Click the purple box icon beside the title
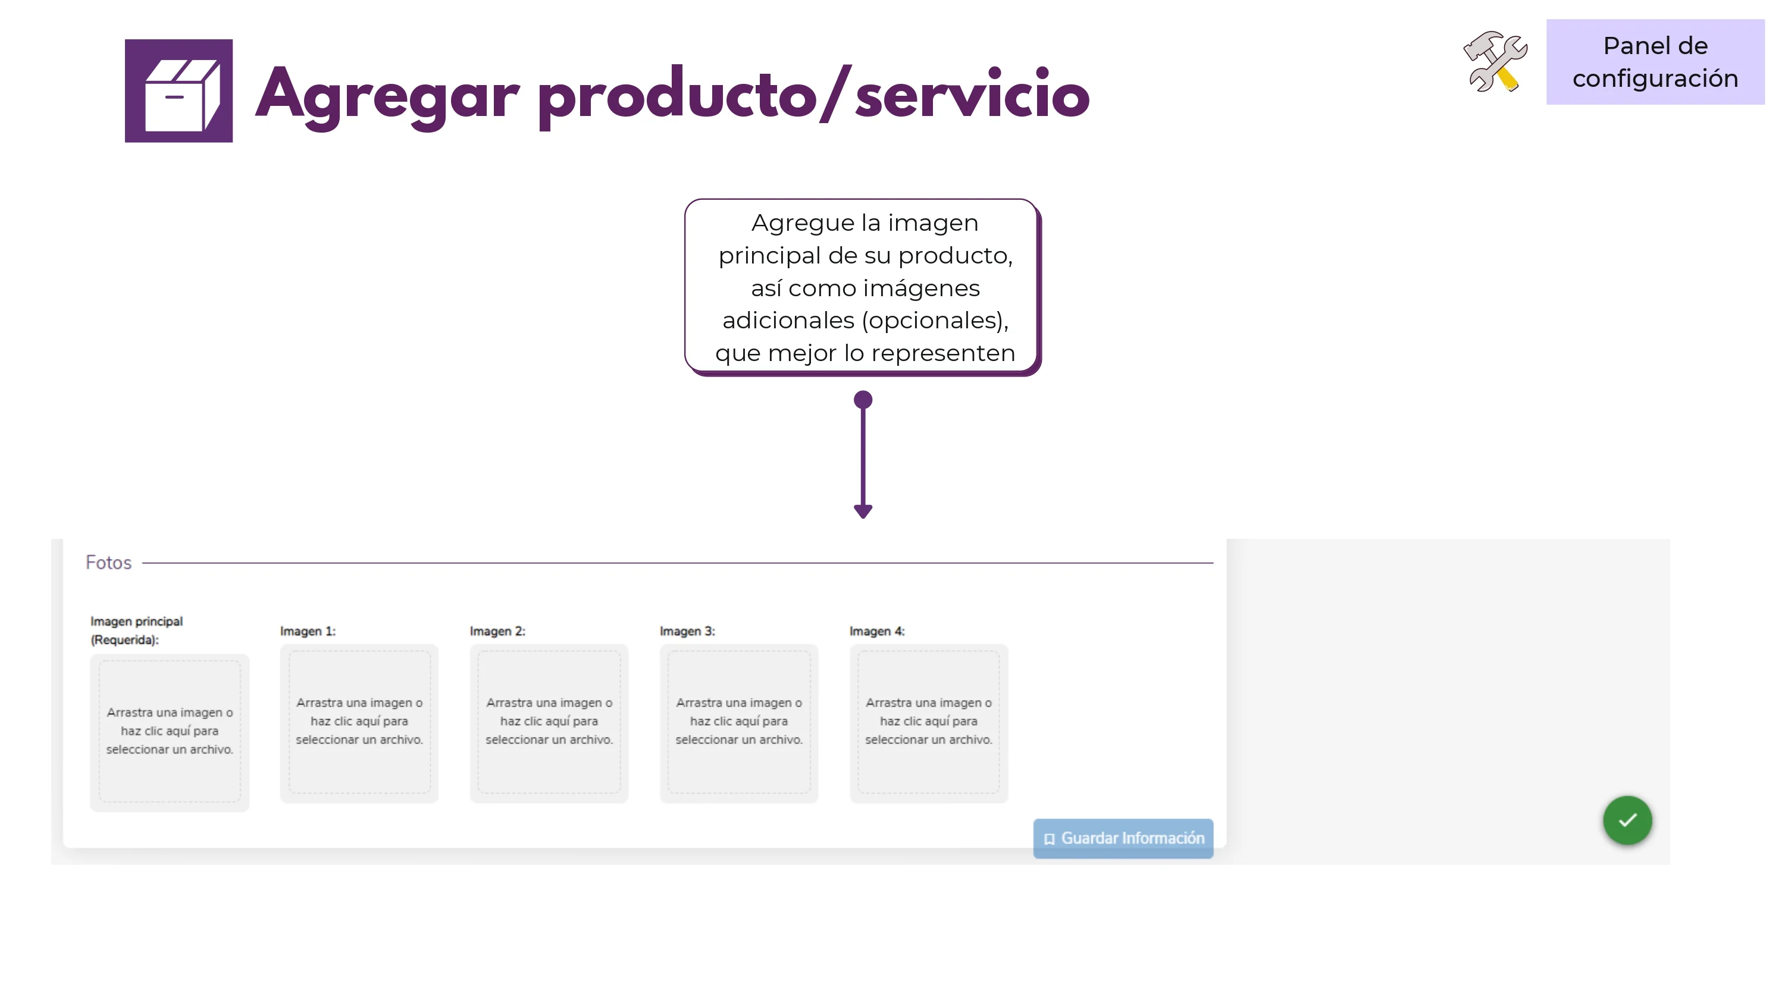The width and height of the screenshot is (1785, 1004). (x=178, y=91)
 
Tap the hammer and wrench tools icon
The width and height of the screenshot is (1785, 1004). (x=1495, y=61)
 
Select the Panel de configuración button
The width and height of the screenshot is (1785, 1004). (x=1655, y=62)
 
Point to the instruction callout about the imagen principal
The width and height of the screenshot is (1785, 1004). (x=863, y=287)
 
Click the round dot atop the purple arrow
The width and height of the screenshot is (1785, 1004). (x=863, y=400)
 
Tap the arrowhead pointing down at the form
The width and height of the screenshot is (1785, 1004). (x=863, y=512)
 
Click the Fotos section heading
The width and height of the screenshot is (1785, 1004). (x=109, y=563)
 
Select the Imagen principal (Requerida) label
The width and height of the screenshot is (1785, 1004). (x=136, y=630)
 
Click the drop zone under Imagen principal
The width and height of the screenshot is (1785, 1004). (x=170, y=732)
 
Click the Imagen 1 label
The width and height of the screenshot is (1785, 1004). (x=308, y=631)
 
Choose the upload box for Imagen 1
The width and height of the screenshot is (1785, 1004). (x=359, y=723)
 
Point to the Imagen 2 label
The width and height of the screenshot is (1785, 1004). (x=497, y=631)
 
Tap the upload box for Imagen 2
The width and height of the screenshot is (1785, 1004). (x=549, y=723)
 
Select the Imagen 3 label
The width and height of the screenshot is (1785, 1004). (x=687, y=631)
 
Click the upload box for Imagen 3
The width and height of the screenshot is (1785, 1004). (x=738, y=723)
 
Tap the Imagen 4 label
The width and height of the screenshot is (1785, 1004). (x=877, y=631)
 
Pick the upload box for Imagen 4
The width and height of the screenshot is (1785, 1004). (x=929, y=723)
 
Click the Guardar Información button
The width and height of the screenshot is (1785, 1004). (x=1123, y=839)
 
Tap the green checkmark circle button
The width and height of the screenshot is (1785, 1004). (x=1627, y=820)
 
